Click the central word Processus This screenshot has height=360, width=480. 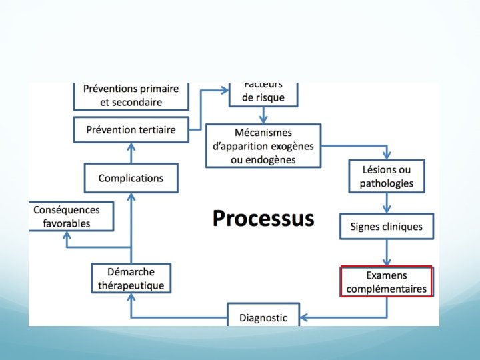[263, 219]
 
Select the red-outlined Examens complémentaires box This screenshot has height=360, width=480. [387, 282]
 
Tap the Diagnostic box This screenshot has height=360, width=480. [263, 317]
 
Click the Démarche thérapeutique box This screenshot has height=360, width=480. [131, 279]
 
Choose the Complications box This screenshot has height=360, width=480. [131, 178]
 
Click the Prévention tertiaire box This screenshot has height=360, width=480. [131, 129]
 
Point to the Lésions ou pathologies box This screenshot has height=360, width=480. [387, 176]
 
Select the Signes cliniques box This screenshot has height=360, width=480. [387, 227]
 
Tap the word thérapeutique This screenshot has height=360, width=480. [131, 285]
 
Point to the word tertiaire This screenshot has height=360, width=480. [154, 129]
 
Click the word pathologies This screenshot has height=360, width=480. [387, 183]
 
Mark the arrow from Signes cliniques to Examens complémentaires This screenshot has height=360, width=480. [387, 253]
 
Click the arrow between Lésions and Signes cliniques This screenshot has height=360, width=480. [387, 203]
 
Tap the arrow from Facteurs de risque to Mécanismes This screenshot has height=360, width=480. [263, 115]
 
